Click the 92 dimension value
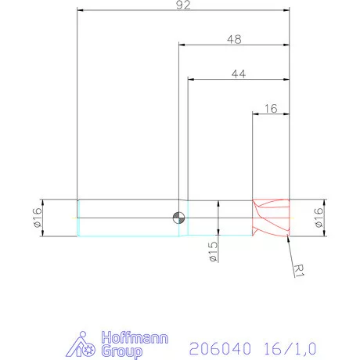pos(184,5)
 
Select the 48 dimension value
pos(234,39)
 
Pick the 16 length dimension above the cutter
pos(272,109)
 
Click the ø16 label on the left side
pos(37,218)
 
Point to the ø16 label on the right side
pos(319,218)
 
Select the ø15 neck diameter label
pos(211,251)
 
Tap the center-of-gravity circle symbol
pos(179,218)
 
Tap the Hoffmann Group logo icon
pos(85,344)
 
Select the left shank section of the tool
pos(125,218)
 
